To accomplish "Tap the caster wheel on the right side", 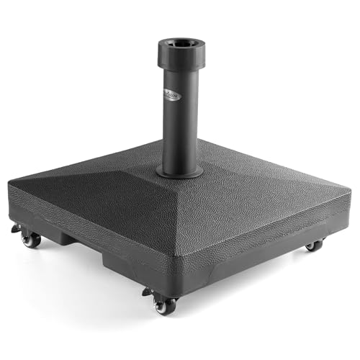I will coord(313,246).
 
